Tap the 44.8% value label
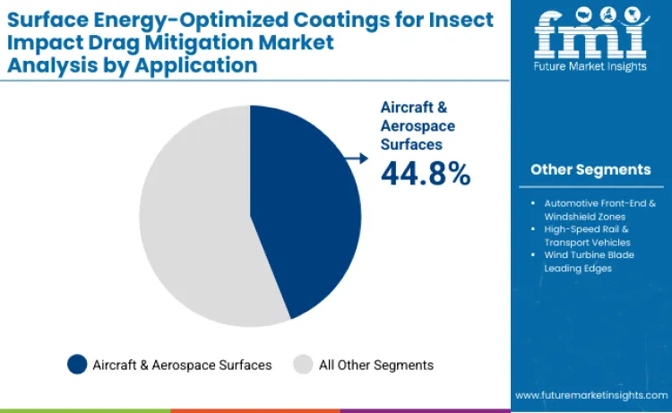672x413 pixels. point(426,173)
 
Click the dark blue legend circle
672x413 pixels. point(77,365)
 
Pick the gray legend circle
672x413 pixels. point(304,365)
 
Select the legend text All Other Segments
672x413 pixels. point(376,365)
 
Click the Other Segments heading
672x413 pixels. point(590,169)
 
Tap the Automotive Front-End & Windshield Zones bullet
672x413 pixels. point(595,210)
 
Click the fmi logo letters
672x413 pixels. point(590,37)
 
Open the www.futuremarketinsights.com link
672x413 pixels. point(590,394)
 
